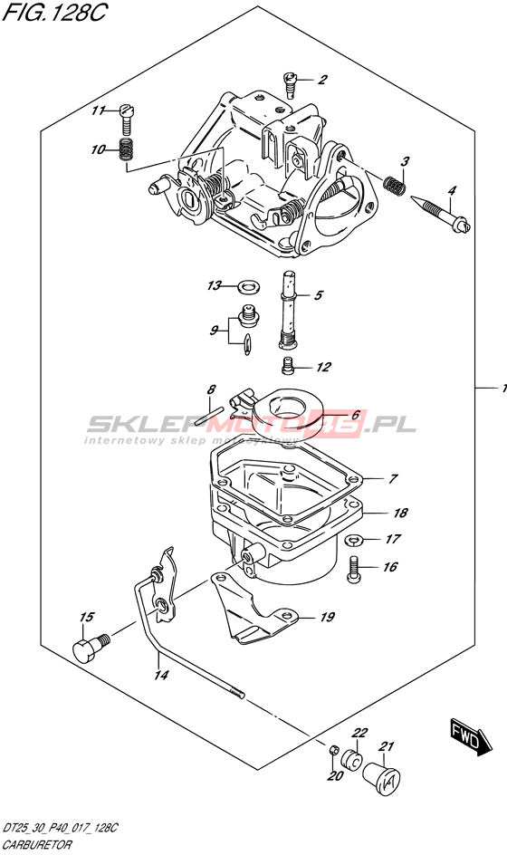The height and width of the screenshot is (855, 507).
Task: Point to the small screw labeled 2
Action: tap(292, 84)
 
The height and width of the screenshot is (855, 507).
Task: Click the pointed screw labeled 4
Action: tap(441, 214)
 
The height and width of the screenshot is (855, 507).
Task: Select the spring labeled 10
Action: tap(127, 149)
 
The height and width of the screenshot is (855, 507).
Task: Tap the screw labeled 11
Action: tap(127, 121)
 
